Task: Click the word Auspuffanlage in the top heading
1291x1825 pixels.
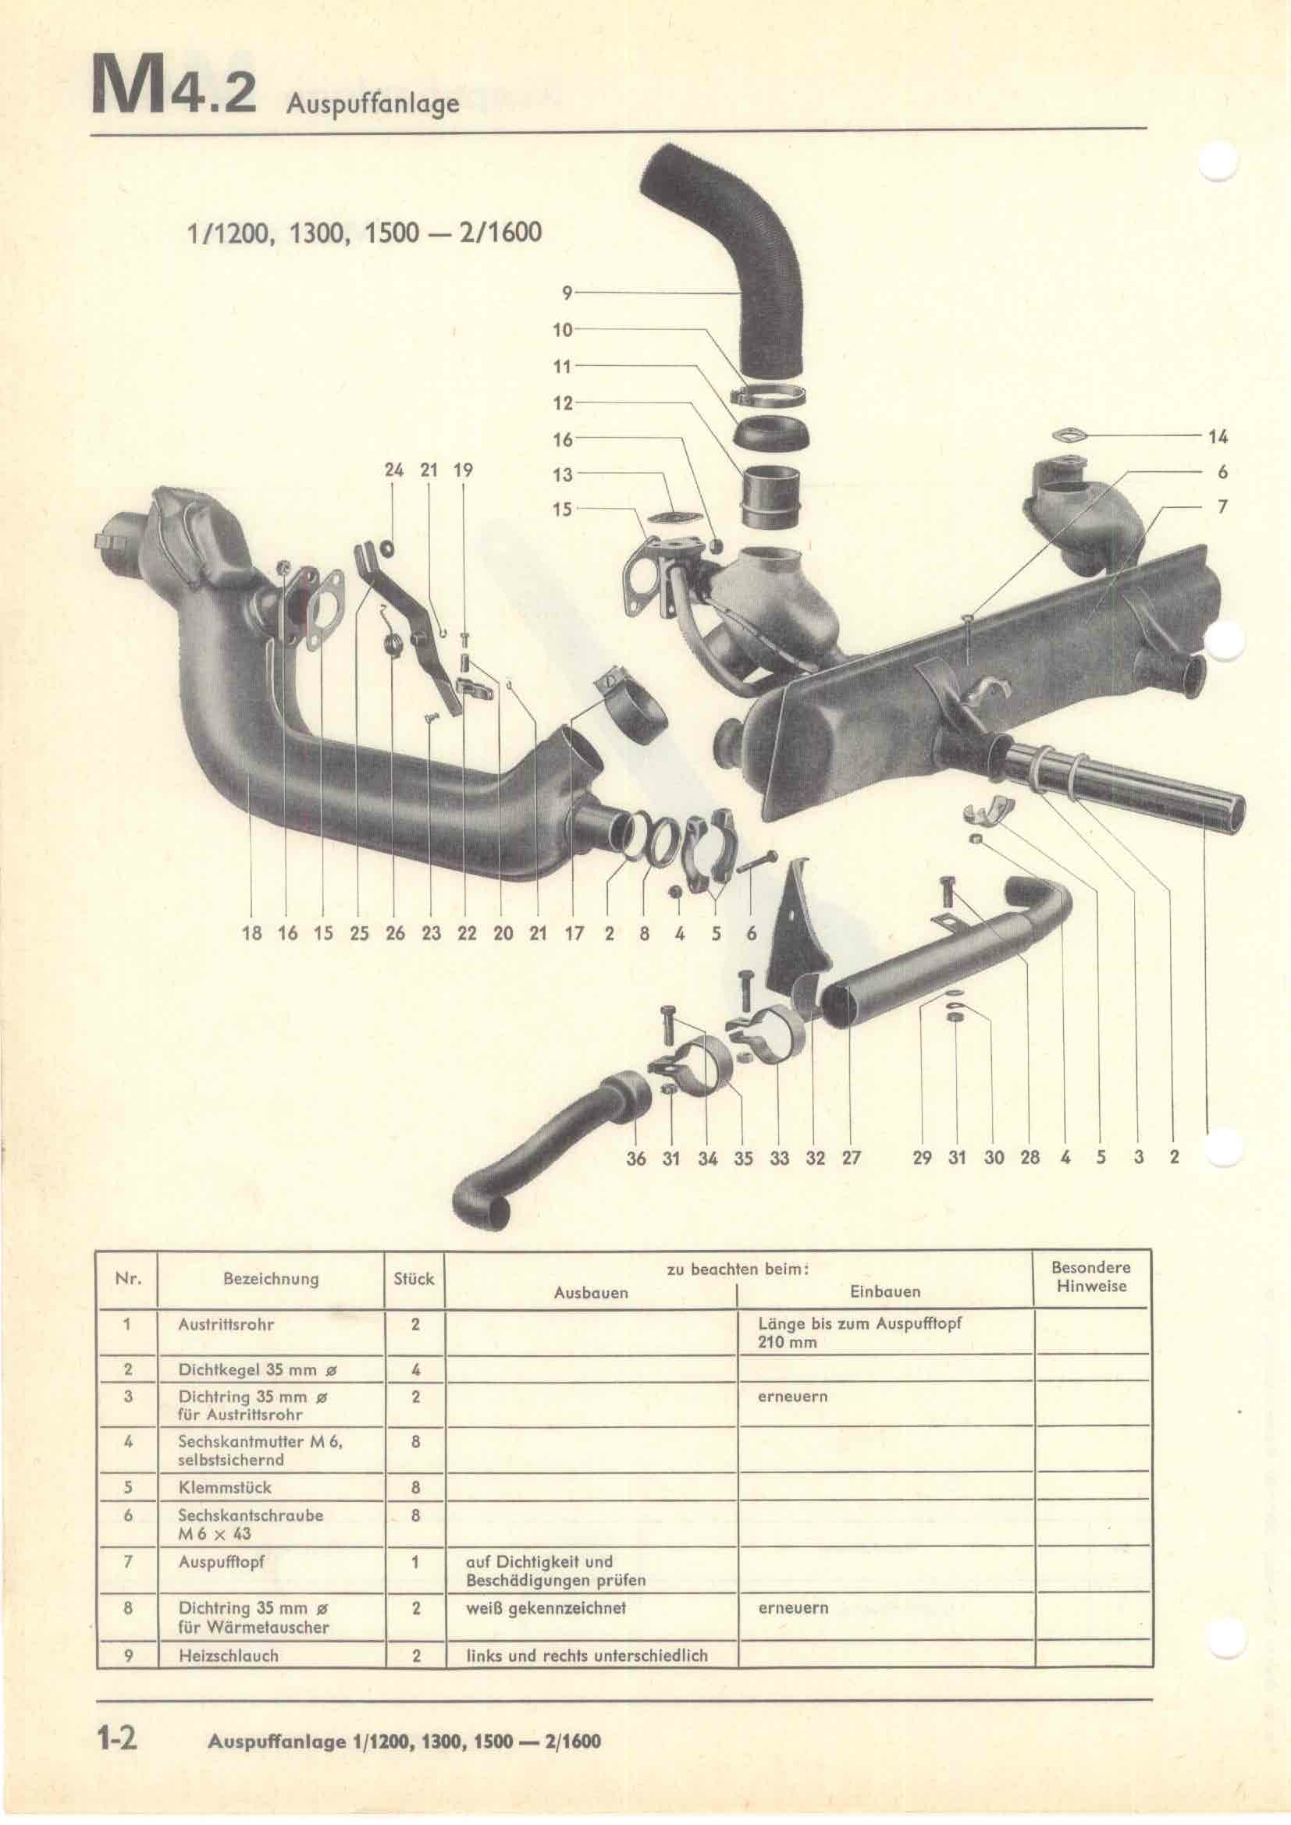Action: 373,104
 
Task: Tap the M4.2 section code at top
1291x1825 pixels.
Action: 175,86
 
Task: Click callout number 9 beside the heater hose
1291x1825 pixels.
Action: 567,293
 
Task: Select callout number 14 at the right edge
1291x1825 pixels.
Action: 1218,436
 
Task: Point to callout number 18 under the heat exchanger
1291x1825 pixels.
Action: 251,933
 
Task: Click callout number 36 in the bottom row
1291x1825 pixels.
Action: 636,1158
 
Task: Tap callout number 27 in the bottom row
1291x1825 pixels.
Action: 852,1158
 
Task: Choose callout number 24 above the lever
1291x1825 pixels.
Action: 394,470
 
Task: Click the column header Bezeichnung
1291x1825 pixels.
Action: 271,1280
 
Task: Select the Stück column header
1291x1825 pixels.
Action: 414,1279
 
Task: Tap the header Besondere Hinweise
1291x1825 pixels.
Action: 1091,1276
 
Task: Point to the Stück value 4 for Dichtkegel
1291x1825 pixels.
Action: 415,1369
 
